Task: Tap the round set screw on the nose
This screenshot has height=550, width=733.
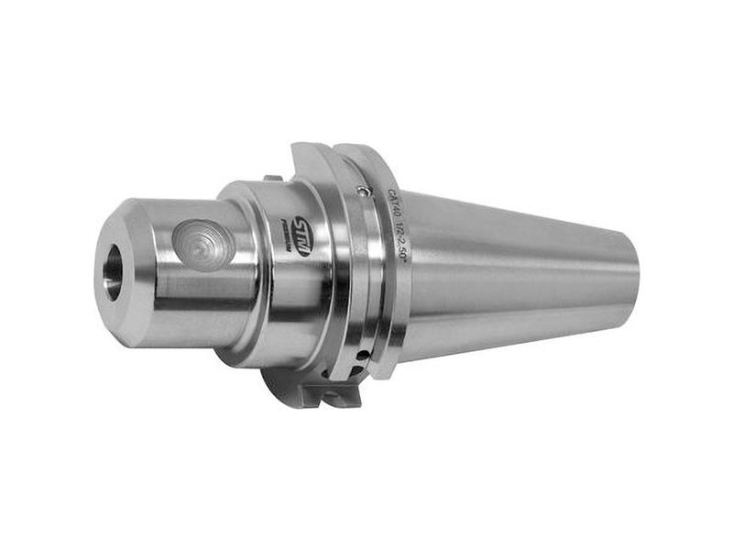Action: pos(202,242)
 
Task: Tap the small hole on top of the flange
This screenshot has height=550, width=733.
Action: pos(365,192)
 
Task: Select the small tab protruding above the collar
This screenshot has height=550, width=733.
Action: pos(271,179)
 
